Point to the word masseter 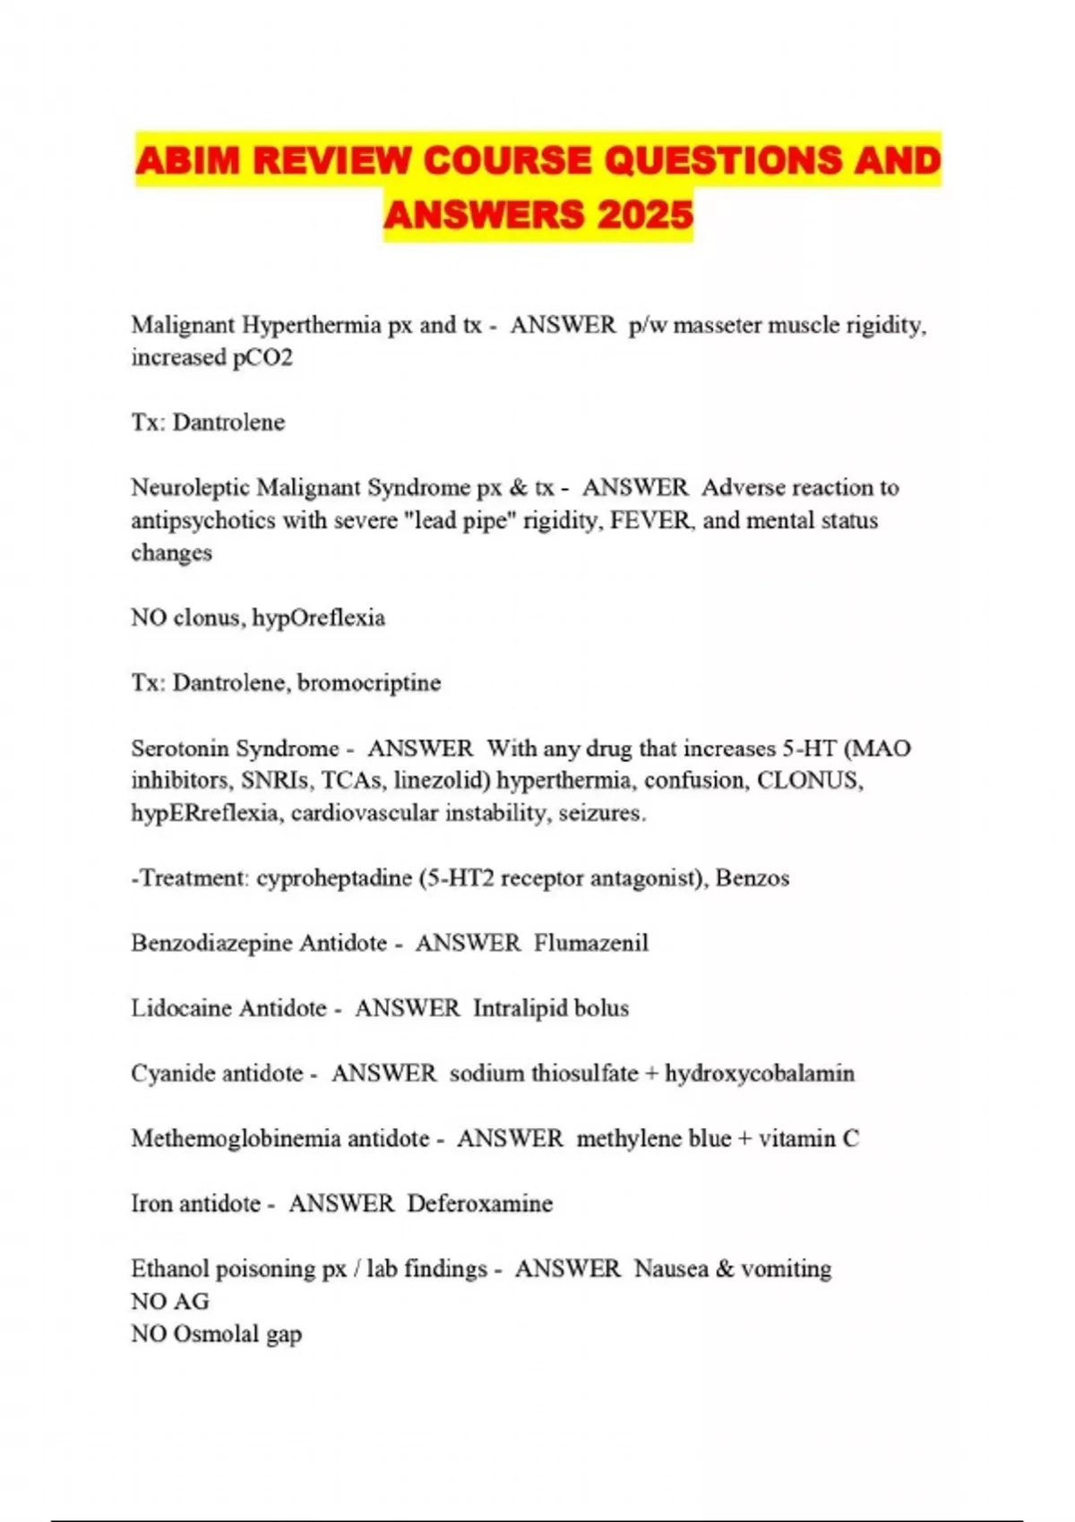717,325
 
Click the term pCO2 262,357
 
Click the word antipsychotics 203,520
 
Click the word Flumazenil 591,943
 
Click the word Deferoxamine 480,1203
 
